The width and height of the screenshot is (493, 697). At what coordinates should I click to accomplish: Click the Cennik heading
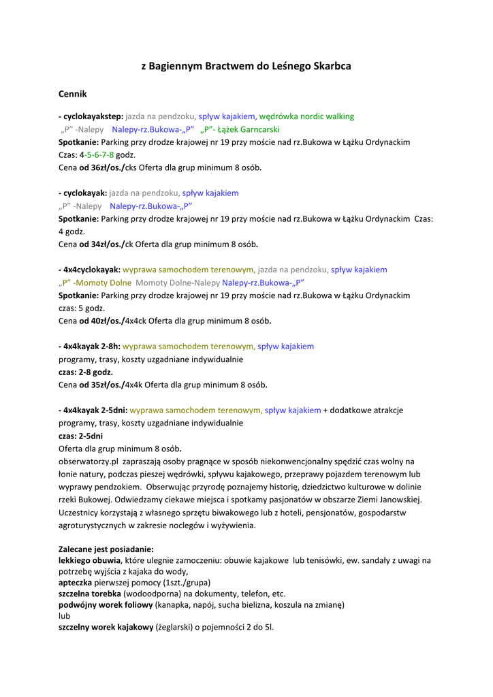click(x=72, y=94)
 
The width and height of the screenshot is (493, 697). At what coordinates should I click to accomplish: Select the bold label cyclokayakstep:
click(x=91, y=116)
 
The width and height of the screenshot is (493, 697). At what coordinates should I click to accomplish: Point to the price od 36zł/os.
click(x=101, y=167)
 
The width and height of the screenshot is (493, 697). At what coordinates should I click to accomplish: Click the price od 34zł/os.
click(x=101, y=244)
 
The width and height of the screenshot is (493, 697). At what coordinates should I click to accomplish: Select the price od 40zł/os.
click(x=101, y=321)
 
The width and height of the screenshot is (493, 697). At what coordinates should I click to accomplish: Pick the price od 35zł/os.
click(x=101, y=385)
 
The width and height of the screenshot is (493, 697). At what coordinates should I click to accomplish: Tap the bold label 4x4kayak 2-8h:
click(x=89, y=346)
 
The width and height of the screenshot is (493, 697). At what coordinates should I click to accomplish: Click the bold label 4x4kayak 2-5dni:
click(x=93, y=410)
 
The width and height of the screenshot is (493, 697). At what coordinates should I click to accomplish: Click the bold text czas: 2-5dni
click(x=80, y=436)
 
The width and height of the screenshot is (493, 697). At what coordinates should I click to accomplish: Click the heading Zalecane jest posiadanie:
click(x=106, y=549)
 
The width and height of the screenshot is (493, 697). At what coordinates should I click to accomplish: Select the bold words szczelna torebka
click(x=90, y=594)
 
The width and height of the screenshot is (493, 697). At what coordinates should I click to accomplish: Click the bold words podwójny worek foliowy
click(x=106, y=604)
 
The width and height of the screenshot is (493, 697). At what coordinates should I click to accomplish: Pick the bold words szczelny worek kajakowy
click(x=106, y=627)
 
